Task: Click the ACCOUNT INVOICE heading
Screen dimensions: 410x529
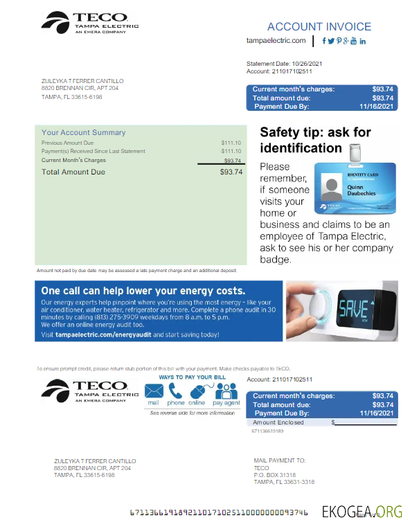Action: pyautogui.click(x=319, y=27)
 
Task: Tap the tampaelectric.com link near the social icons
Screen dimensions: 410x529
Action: pyautogui.click(x=276, y=41)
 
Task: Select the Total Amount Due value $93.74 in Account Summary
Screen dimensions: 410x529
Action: pyautogui.click(x=231, y=172)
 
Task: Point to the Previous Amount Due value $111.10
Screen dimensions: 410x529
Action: pyautogui.click(x=231, y=143)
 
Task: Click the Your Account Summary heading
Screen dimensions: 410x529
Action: pyautogui.click(x=83, y=132)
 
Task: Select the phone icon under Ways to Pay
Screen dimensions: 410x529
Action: pyautogui.click(x=175, y=391)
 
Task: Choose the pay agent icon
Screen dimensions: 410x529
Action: pyautogui.click(x=226, y=391)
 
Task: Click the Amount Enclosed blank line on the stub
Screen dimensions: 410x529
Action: pyautogui.click(x=366, y=422)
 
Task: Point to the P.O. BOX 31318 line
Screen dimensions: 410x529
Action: pyautogui.click(x=274, y=475)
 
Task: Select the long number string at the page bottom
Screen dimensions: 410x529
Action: pyautogui.click(x=219, y=513)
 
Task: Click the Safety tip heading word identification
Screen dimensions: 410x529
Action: pyautogui.click(x=301, y=148)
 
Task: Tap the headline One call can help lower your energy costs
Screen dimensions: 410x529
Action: pyautogui.click(x=143, y=291)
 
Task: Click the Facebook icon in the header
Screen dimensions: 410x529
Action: pyautogui.click(x=324, y=41)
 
